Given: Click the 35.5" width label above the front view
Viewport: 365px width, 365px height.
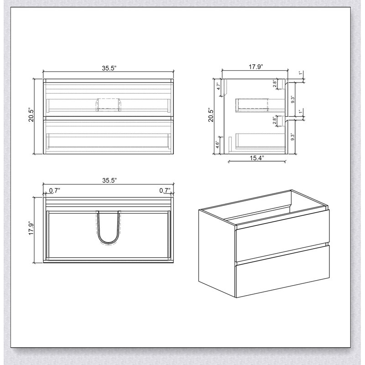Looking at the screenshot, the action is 109,68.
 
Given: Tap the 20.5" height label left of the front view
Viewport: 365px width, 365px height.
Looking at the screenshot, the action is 31,115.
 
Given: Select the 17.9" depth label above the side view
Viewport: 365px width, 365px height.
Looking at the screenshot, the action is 255,67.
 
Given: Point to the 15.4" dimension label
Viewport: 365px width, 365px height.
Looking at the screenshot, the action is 257,158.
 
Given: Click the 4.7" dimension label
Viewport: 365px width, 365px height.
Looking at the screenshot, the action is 219,86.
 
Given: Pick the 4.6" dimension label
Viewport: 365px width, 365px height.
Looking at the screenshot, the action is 218,145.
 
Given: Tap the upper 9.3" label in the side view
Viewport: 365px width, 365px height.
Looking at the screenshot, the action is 293,99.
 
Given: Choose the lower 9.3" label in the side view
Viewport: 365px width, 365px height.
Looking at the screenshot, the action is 293,136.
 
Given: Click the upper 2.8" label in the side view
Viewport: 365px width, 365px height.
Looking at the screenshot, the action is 275,84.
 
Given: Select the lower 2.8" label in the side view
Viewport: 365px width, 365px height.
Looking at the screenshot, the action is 275,120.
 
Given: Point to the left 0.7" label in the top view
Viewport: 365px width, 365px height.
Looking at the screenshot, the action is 55,190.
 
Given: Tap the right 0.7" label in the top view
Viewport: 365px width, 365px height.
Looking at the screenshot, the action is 165,190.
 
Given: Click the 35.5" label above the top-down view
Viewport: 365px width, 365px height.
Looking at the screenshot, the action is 109,180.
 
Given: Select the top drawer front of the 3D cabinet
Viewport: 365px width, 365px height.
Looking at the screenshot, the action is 282,235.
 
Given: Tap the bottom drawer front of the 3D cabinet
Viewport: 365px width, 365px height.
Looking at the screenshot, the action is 282,271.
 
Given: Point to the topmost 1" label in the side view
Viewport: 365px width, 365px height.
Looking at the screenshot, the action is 301,73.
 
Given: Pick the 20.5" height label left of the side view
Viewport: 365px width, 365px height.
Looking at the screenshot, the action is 211,115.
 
